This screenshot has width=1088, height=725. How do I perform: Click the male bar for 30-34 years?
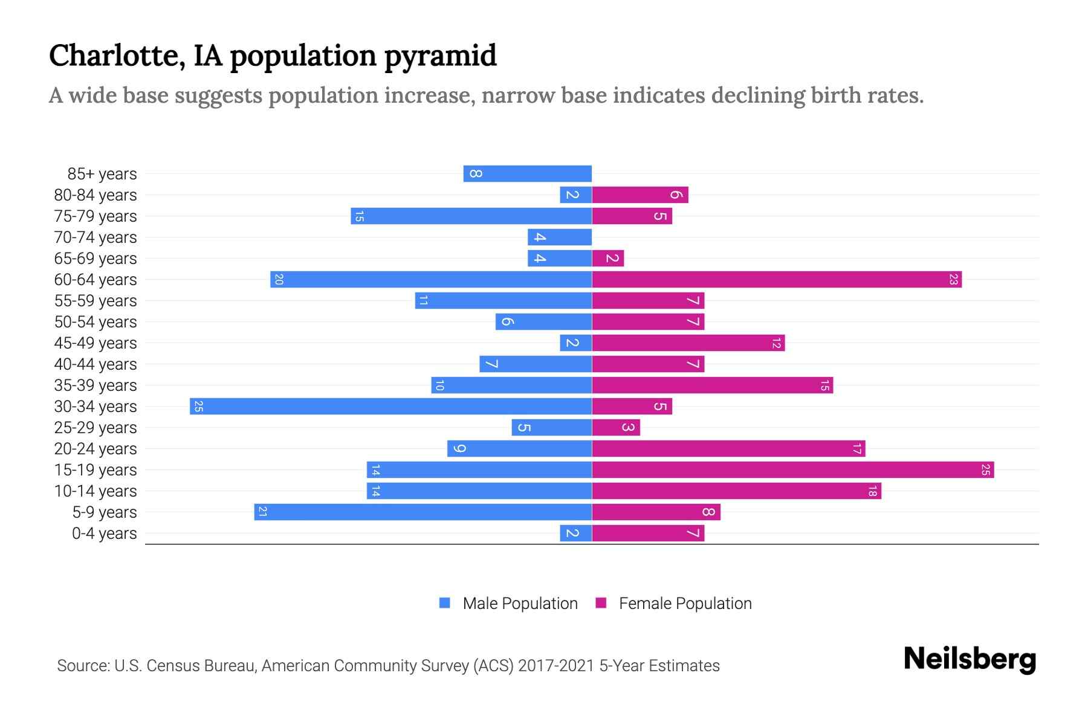coord(390,406)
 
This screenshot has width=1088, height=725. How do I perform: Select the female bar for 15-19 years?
coord(792,469)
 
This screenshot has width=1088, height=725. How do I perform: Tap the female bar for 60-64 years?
coord(777,279)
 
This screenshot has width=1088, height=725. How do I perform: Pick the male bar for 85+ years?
coord(527,173)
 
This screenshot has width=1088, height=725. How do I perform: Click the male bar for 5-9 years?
coord(423,512)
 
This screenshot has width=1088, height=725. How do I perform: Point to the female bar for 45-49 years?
coord(688,343)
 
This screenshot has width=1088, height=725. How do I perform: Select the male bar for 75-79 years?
coord(471,216)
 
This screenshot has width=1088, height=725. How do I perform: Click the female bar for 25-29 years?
coord(615,427)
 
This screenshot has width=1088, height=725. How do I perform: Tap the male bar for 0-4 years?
coord(575,533)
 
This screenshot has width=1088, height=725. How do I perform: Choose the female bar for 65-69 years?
coord(607,258)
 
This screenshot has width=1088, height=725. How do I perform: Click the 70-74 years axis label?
coord(96,237)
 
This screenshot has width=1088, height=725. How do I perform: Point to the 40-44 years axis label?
coord(96,364)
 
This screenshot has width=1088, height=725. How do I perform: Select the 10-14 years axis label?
coord(96,491)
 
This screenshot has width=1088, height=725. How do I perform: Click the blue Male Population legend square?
coord(445,603)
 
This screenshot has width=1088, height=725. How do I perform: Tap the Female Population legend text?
coord(685,603)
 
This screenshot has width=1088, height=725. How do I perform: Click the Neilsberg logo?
coord(970,659)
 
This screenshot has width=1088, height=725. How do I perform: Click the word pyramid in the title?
coord(440,56)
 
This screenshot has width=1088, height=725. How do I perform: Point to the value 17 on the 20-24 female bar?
coord(856,448)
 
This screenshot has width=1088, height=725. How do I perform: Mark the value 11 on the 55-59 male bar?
coord(423,300)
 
